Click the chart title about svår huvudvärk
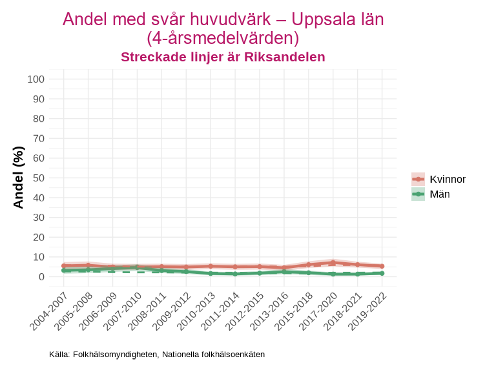(223, 28)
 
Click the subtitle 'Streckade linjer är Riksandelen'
(223, 57)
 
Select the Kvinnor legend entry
(439, 179)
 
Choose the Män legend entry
(431, 194)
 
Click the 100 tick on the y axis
(36, 79)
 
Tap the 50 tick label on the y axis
(39, 178)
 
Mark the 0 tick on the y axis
(41, 276)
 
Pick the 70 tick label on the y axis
(39, 138)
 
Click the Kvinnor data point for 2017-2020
(333, 263)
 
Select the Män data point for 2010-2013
(211, 274)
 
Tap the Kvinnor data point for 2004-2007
(64, 265)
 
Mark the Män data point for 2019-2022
(382, 273)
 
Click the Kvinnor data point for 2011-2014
(235, 267)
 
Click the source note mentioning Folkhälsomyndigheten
(157, 355)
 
